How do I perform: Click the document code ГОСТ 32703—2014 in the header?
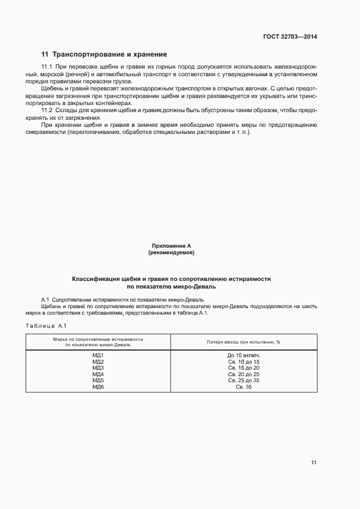pos(289,37)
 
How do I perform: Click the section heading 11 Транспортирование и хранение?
pos(104,54)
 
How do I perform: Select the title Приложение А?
pos(171,246)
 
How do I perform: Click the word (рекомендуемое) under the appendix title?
pos(171,253)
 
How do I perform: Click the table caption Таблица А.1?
pos(46,326)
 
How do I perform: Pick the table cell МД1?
pos(98,355)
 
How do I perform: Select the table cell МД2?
pos(98,361)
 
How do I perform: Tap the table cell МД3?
pos(98,368)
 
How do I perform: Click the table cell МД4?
pos(98,374)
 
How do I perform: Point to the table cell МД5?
pos(98,381)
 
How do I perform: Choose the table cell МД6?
pos(98,387)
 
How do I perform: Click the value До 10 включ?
pos(243,355)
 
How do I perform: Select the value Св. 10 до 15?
pos(243,361)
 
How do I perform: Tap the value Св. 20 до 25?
pos(243,374)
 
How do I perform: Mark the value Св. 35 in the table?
pos(243,387)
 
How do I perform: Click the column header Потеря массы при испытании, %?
pos(243,342)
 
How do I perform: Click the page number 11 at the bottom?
pos(314,463)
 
